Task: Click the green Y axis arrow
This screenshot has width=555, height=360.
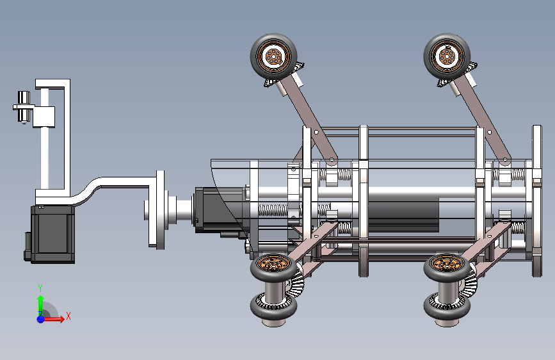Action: [x=41, y=304]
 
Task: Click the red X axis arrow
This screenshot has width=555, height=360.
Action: [x=53, y=319]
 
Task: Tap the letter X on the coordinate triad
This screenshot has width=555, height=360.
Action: [x=68, y=316]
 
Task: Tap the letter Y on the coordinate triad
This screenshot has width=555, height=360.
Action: [x=40, y=288]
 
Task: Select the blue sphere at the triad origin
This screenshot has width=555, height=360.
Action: [x=40, y=319]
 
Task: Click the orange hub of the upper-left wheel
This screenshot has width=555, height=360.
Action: [x=273, y=56]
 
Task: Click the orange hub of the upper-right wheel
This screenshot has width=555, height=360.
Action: [x=447, y=56]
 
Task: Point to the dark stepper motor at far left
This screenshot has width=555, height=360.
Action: [x=51, y=234]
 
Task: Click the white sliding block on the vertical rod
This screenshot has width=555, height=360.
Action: [x=44, y=117]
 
